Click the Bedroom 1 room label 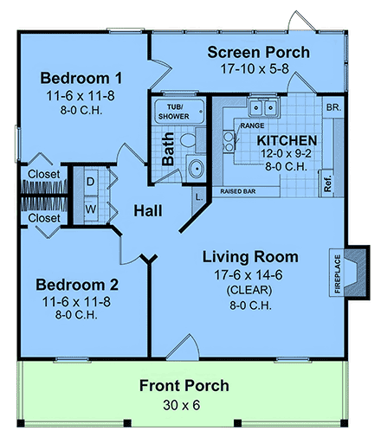(78, 77)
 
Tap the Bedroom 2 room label (77, 284)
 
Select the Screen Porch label (258, 53)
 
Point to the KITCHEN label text (286, 139)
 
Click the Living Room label (250, 257)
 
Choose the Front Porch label (184, 385)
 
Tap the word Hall (150, 210)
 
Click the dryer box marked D (91, 183)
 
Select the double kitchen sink (264, 107)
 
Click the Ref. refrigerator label (327, 183)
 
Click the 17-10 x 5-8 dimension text (258, 68)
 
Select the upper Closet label (43, 175)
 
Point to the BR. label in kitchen (333, 107)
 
